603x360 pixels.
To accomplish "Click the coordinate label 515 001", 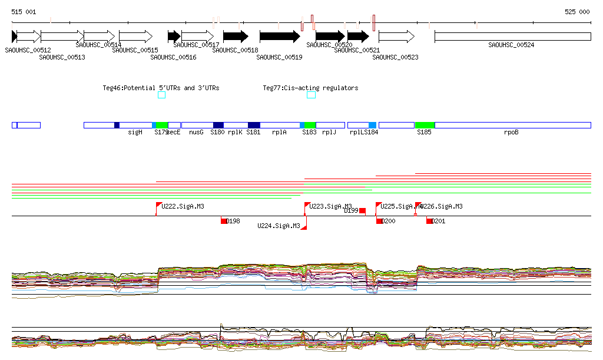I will click(x=24, y=12).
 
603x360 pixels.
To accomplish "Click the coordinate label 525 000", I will click(x=577, y=12).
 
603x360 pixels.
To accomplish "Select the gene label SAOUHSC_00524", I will click(x=511, y=45).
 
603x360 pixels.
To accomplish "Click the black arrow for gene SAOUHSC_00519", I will click(x=280, y=37).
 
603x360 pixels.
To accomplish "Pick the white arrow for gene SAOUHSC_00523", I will click(x=396, y=37).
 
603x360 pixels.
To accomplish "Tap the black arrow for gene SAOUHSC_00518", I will click(x=236, y=37).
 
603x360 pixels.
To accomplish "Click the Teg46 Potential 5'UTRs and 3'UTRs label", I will click(x=161, y=88).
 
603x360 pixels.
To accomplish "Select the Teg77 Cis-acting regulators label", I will click(x=310, y=88).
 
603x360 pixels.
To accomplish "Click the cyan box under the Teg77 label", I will click(x=311, y=95).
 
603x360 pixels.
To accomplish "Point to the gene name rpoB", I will click(x=511, y=133).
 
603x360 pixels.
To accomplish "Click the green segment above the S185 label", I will click(x=425, y=125).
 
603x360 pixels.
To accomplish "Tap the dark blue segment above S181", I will click(x=254, y=125).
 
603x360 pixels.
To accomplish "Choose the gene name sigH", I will click(x=135, y=133).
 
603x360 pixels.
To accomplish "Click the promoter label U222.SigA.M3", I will click(x=183, y=206).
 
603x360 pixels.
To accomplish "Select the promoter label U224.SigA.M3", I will click(x=279, y=226).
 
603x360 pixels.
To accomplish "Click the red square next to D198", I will click(x=224, y=221).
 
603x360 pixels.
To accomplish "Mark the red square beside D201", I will click(x=429, y=221).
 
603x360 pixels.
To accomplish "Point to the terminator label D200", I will click(x=388, y=221).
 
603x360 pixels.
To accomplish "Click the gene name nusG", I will click(x=196, y=133).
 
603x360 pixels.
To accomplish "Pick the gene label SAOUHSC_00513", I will click(x=62, y=57).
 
